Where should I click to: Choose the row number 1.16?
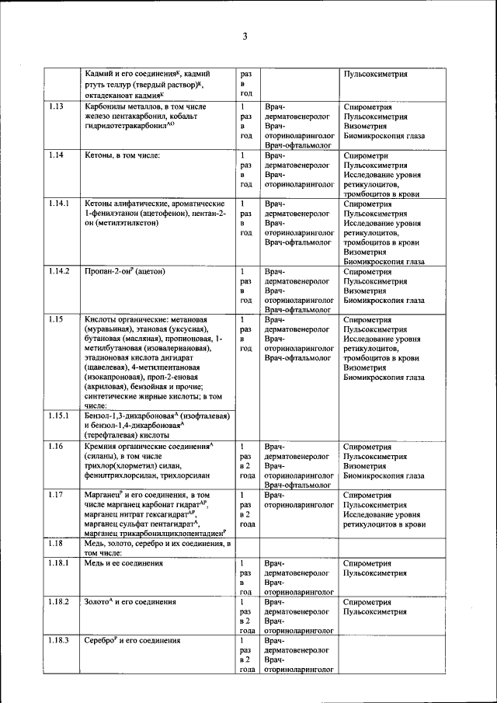56,447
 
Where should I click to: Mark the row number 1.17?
56,495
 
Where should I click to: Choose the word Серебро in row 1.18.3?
103,641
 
